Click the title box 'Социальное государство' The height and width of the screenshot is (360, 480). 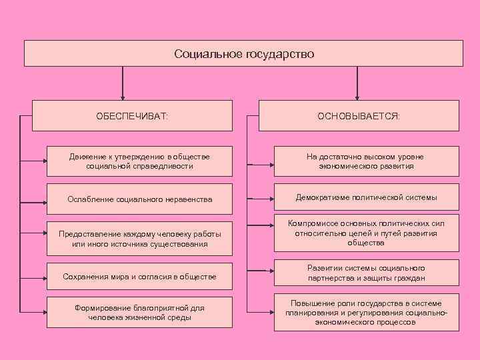point(243,53)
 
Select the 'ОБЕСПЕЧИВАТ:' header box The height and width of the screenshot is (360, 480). point(133,115)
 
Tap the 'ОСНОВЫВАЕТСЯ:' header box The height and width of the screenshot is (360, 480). point(359,115)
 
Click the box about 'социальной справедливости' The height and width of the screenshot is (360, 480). point(139,161)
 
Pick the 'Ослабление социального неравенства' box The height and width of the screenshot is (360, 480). point(139,199)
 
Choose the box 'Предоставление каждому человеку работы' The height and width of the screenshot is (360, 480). point(139,239)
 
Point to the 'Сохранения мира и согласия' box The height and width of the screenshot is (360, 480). point(139,275)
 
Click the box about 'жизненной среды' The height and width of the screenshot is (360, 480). point(139,313)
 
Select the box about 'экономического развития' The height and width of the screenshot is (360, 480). point(366,161)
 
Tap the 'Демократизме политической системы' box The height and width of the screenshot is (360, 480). point(366,198)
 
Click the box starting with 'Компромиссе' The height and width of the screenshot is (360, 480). point(366,233)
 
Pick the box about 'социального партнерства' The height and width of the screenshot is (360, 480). point(366,273)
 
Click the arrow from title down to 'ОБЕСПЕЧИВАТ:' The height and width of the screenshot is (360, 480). point(123,83)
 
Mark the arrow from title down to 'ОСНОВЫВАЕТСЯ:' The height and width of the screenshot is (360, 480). point(357,83)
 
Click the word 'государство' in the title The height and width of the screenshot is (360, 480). point(281,53)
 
